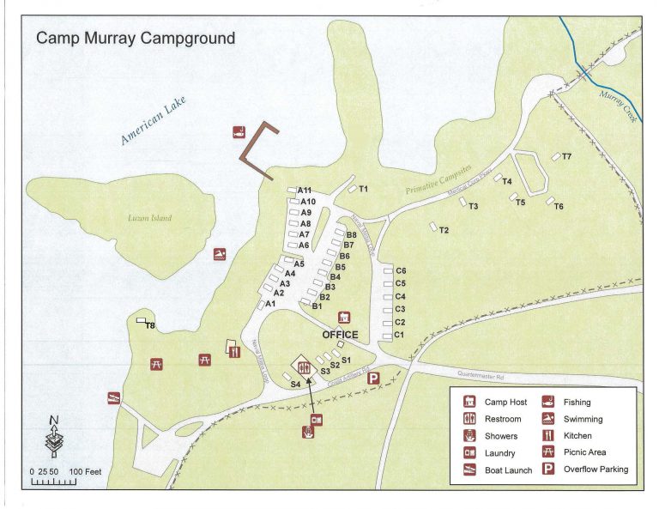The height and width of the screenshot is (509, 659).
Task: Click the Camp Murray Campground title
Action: click(135, 39)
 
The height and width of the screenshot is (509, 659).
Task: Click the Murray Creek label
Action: click(618, 107)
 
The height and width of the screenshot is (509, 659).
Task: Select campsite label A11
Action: click(305, 191)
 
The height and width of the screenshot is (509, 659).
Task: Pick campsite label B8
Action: click(350, 234)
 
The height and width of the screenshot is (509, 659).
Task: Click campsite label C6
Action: click(400, 271)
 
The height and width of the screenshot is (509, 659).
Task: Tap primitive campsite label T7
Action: click(567, 156)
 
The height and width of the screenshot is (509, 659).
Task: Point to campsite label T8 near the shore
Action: click(149, 326)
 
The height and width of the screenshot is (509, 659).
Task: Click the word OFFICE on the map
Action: click(340, 335)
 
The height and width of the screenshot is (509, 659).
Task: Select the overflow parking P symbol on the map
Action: click(373, 378)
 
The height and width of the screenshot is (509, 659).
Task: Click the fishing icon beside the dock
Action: click(239, 133)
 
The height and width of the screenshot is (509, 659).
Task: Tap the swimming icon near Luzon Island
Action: click(221, 254)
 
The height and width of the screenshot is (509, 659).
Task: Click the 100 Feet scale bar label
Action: click(86, 472)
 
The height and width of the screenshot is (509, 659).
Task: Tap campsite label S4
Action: click(295, 385)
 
